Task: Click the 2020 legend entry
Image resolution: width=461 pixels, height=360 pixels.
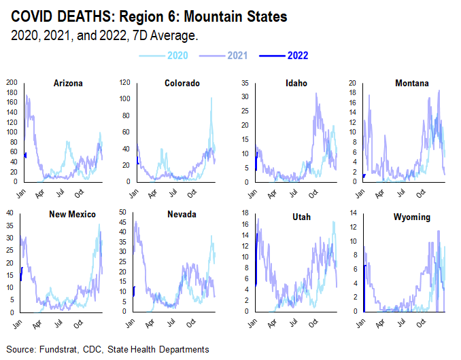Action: click(x=177, y=55)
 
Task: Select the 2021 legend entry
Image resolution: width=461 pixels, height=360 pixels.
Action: click(x=237, y=55)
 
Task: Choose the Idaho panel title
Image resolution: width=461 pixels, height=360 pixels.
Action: click(x=296, y=84)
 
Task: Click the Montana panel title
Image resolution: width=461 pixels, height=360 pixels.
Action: click(x=412, y=84)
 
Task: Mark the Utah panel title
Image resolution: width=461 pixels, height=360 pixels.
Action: click(x=298, y=214)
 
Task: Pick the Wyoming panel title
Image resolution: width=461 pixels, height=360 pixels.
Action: click(x=412, y=214)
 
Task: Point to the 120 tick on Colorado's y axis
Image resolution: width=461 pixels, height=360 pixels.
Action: click(x=125, y=83)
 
